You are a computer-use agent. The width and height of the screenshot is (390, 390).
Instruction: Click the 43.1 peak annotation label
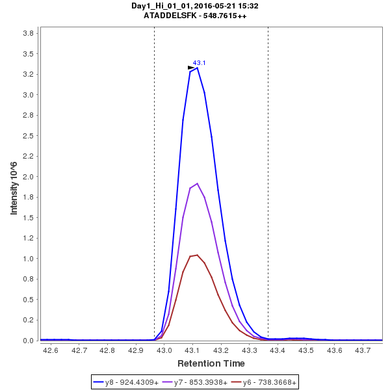click(x=200, y=63)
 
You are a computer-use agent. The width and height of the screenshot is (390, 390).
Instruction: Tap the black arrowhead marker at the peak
click(x=191, y=68)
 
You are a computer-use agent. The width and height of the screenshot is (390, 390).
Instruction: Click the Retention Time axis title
click(x=211, y=363)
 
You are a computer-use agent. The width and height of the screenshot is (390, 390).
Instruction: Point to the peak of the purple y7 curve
click(x=197, y=183)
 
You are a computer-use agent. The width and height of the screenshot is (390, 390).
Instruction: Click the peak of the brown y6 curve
click(x=197, y=255)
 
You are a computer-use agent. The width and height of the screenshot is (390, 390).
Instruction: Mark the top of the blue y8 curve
click(x=197, y=67)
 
